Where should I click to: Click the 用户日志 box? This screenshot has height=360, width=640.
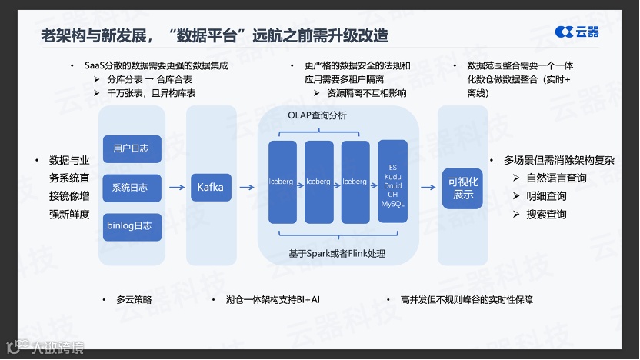click(132, 148)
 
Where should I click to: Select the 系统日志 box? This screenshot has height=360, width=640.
click(132, 188)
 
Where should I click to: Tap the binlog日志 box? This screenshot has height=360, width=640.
click(132, 227)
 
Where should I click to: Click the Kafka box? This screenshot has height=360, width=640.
click(210, 188)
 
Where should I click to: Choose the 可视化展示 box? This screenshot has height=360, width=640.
click(463, 188)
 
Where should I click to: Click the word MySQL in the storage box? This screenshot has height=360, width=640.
click(392, 204)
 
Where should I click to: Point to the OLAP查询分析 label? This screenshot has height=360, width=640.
click(317, 115)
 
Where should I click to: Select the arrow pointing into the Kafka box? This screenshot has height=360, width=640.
click(177, 188)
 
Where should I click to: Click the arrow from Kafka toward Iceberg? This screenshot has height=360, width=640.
click(247, 188)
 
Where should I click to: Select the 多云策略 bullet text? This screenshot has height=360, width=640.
click(132, 299)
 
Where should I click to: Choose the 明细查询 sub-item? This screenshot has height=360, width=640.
click(546, 196)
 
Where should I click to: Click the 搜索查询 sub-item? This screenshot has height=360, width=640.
click(546, 214)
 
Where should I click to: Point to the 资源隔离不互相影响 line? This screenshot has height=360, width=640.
click(366, 93)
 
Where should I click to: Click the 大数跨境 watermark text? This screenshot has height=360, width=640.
click(55, 347)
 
